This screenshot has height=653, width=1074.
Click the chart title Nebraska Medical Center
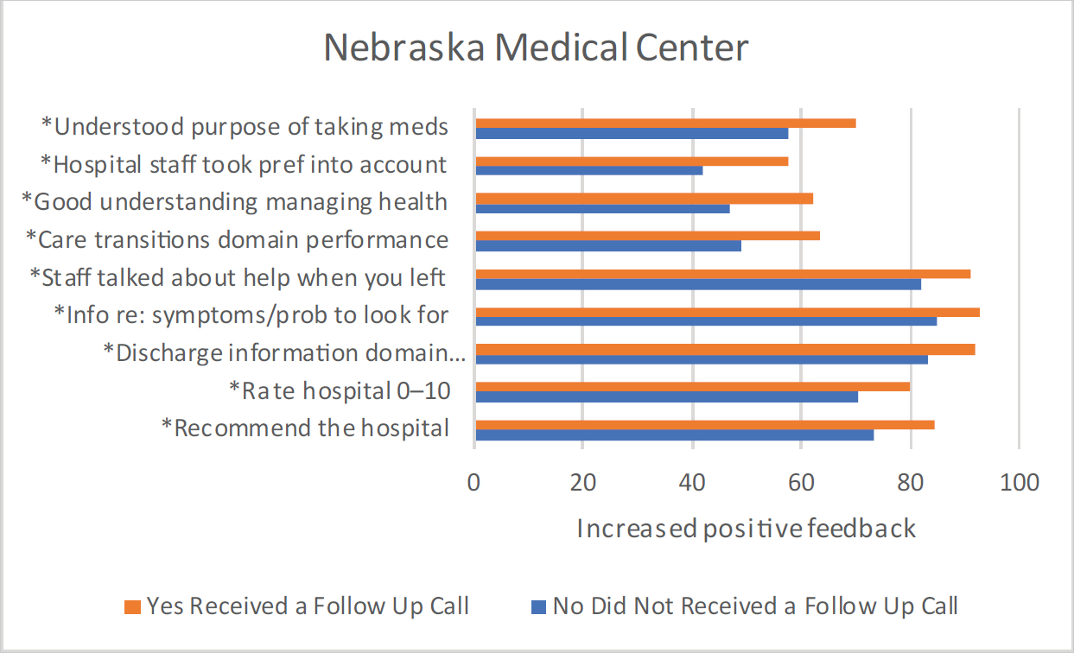(x=536, y=48)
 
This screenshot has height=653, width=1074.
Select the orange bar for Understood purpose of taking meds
(x=665, y=123)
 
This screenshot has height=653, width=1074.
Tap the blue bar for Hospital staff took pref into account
(x=588, y=170)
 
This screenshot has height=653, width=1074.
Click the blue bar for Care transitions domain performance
(x=608, y=245)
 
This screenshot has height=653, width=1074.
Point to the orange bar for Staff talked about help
(x=722, y=274)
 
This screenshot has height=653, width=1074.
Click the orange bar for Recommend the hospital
(x=704, y=424)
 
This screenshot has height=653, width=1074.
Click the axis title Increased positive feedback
(x=746, y=528)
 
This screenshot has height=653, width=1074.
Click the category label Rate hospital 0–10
(x=340, y=390)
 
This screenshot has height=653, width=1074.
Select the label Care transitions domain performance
(x=238, y=239)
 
